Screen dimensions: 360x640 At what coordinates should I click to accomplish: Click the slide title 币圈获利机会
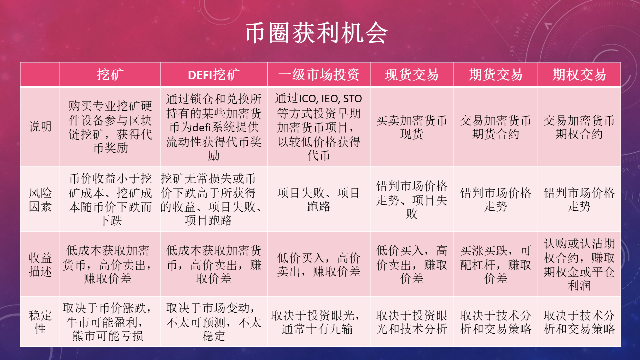click(x=316, y=33)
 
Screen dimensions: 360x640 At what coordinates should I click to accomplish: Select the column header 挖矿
click(x=110, y=75)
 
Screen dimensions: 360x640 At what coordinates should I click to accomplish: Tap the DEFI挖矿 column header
click(x=214, y=75)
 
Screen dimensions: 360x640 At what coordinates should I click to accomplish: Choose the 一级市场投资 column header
click(x=319, y=75)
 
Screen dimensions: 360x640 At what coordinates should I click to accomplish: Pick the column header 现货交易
click(x=412, y=75)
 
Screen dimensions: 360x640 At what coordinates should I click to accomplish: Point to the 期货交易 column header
click(x=495, y=75)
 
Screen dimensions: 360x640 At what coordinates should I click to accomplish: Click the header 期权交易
click(x=579, y=75)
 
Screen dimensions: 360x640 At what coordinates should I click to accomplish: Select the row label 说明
click(x=40, y=127)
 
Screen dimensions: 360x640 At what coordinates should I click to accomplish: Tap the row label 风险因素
click(x=40, y=199)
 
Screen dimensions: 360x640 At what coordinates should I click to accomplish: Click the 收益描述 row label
click(x=40, y=265)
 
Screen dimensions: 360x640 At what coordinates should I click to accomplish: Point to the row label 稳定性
click(x=40, y=322)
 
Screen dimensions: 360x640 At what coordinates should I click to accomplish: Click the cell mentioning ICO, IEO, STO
click(x=319, y=127)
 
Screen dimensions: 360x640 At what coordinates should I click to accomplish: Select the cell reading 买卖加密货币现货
click(x=412, y=127)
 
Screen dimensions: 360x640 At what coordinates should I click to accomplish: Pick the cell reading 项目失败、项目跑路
click(x=319, y=199)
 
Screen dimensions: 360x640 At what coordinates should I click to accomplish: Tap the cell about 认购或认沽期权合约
click(x=579, y=265)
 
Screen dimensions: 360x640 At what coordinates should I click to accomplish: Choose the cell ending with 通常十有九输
click(x=319, y=322)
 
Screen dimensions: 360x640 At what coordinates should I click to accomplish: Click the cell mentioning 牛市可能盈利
click(x=110, y=322)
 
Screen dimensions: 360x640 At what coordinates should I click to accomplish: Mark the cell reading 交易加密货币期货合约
click(x=495, y=127)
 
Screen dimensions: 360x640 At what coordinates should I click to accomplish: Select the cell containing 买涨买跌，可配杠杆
click(x=495, y=265)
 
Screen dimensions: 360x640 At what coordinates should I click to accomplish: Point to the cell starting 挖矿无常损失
click(x=214, y=199)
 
